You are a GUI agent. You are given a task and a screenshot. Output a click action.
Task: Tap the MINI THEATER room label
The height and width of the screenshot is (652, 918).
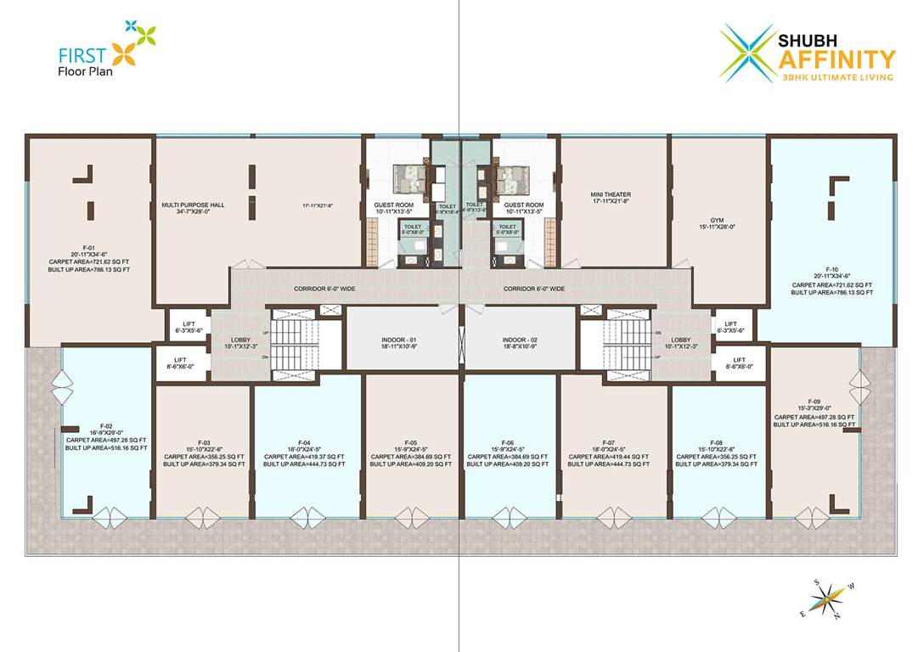point(611,194)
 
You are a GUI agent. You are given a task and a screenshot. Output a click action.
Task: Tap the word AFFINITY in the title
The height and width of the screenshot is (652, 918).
point(836,59)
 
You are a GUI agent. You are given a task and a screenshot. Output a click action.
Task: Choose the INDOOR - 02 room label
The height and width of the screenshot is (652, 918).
point(520,340)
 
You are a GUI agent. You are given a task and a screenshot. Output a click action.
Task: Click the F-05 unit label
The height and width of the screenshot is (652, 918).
point(411,442)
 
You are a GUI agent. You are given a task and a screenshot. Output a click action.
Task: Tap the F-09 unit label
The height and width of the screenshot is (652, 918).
point(814,401)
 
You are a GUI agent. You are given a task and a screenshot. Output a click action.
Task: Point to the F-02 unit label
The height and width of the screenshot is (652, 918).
point(106,425)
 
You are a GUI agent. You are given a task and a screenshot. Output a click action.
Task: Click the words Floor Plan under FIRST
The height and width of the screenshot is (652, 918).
point(86,71)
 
